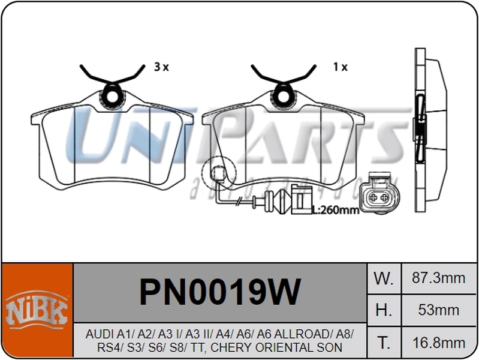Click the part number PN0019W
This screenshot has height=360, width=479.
219,292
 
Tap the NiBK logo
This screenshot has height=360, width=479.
37,310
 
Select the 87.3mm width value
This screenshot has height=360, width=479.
439,278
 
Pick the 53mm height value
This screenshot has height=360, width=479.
439,310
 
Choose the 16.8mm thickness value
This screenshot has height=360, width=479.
439,343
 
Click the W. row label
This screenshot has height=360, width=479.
384,278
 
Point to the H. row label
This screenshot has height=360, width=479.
384,310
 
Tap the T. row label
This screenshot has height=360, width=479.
384,343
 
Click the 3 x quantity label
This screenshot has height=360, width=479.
161,67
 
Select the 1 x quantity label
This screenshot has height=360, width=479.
340,67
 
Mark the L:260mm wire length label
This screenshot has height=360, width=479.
336,210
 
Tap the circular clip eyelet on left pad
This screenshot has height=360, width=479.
112,94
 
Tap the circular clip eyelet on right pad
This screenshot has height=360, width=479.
283,94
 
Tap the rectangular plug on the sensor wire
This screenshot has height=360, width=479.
301,200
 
